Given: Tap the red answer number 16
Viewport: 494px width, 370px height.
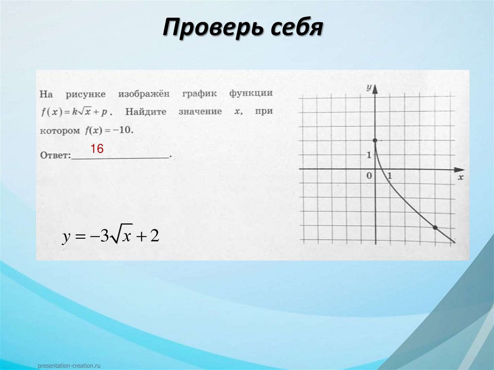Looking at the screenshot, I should pos(97,149).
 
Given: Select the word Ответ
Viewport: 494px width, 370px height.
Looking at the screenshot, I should pos(55,155).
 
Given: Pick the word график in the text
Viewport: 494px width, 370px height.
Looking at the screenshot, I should pos(200,93).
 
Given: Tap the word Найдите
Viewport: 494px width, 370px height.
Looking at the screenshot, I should pos(146,112).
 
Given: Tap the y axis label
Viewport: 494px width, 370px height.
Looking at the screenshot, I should pos(369,87).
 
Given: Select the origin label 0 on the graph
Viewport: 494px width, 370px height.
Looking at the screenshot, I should pos(369,176).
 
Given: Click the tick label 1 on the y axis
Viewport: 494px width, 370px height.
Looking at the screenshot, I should pos(368,155).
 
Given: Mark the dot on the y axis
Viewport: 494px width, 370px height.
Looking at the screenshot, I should pos(375,140).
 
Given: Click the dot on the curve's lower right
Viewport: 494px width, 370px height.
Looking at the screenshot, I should pos(435,227).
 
